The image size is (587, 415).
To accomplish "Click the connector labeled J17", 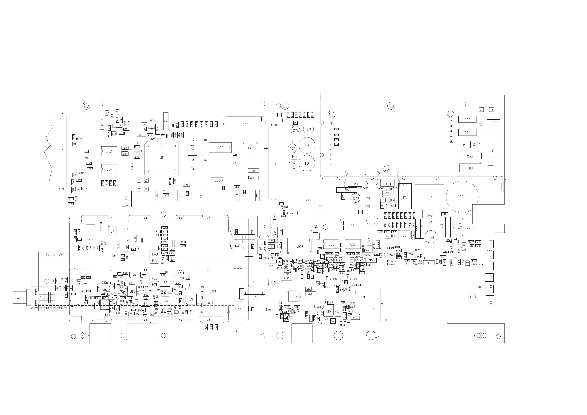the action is pyautogui.click(x=61, y=151).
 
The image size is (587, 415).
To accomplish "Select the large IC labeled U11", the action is pyautogui.click(x=162, y=158).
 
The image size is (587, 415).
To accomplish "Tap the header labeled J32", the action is pyautogui.click(x=245, y=122).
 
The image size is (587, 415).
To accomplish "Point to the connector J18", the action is pyautogui.click(x=274, y=162).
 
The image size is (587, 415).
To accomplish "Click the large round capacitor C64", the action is pyautogui.click(x=462, y=197).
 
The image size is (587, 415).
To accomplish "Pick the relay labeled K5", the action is pyautogui.click(x=405, y=197).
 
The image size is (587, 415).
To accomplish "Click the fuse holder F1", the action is pyautogui.click(x=493, y=144).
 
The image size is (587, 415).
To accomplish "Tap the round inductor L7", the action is pyautogui.click(x=307, y=145).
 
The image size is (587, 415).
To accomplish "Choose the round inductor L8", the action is pyautogui.click(x=307, y=163).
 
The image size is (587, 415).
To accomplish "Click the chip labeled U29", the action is pyautogui.click(x=299, y=246).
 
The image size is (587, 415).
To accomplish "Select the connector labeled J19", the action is pyautogui.click(x=234, y=331).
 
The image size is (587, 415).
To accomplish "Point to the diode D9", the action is pyautogui.click(x=470, y=168).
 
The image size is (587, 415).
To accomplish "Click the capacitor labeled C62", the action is pyautogui.click(x=467, y=120).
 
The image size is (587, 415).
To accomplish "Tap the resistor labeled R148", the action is pyautogui.click(x=476, y=145).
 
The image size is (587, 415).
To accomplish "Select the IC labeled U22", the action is pyautogui.click(x=220, y=148).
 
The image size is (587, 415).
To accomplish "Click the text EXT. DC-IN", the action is pyautogui.click(x=466, y=227).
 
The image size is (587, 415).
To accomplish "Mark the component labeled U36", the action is pyautogui.click(x=319, y=207).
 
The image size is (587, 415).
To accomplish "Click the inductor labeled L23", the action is pyautogui.click(x=238, y=308).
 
